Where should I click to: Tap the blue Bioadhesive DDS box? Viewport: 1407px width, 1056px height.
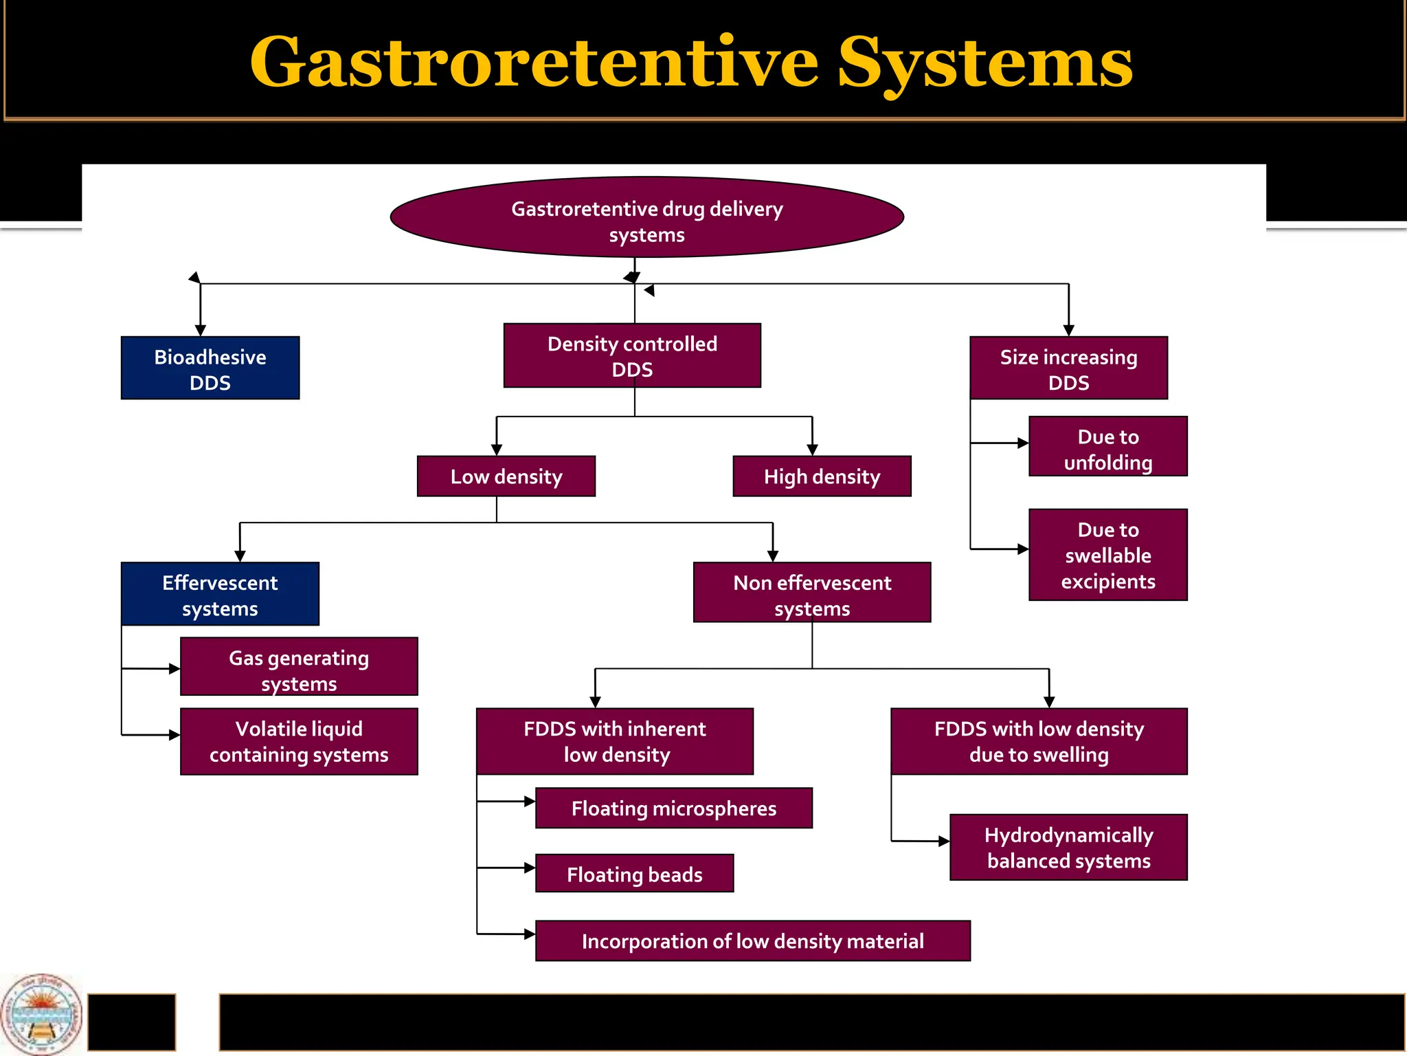click(x=210, y=368)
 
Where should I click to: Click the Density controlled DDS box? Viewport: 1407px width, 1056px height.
click(x=632, y=356)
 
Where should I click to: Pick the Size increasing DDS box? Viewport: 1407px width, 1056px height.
click(x=1068, y=368)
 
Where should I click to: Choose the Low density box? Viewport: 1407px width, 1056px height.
click(x=506, y=476)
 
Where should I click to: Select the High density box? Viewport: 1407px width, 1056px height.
click(x=822, y=476)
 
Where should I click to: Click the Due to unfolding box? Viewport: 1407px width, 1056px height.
click(x=1107, y=447)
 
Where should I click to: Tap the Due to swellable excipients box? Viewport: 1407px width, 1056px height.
click(x=1107, y=555)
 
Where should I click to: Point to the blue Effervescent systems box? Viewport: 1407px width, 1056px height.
click(x=220, y=595)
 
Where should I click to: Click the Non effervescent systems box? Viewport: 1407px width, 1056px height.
click(x=812, y=593)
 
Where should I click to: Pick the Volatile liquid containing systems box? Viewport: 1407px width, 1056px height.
click(x=299, y=742)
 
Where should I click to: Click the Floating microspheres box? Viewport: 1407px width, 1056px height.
click(x=673, y=808)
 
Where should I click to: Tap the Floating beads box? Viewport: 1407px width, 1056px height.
click(x=634, y=874)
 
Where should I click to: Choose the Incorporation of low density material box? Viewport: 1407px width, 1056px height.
click(x=752, y=941)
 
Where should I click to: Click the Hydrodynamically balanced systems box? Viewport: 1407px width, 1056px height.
click(x=1068, y=848)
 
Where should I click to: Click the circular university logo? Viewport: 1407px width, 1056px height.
click(x=41, y=1014)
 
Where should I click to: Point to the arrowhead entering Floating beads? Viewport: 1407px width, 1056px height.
click(x=530, y=868)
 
